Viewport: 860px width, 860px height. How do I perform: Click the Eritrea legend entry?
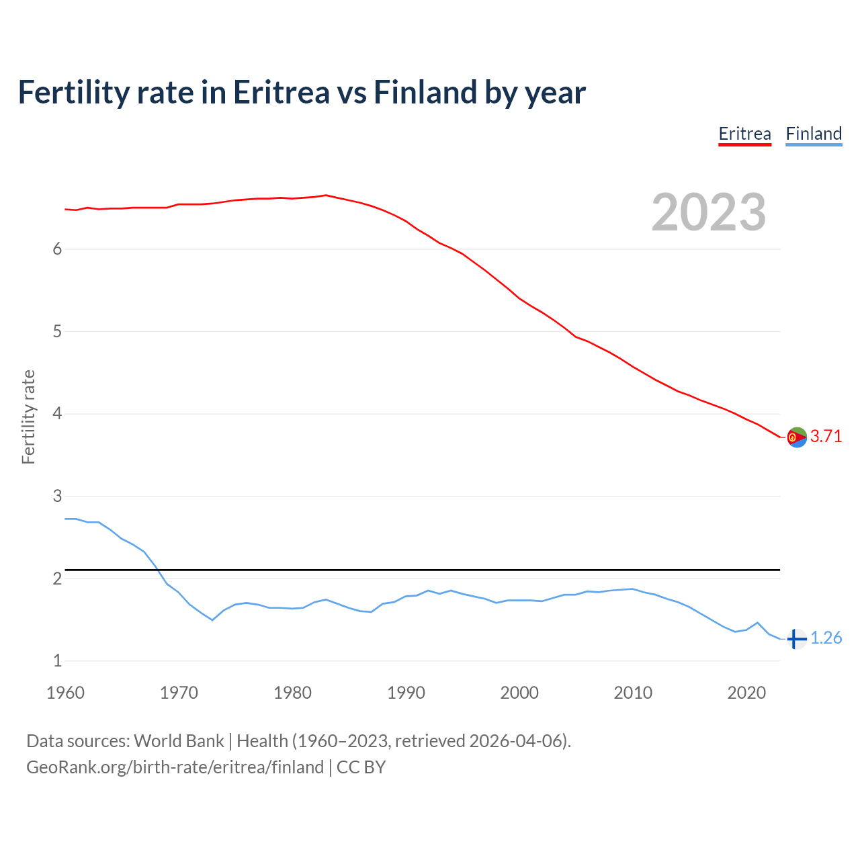click(744, 134)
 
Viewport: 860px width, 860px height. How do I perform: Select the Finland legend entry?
click(814, 134)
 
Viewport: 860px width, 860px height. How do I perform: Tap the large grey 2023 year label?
click(708, 212)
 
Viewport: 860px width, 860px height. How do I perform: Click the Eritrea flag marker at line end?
click(797, 437)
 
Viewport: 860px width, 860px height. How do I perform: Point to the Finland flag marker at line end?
click(797, 638)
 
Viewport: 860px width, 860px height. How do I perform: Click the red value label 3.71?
click(826, 436)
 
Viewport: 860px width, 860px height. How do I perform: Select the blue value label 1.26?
click(826, 638)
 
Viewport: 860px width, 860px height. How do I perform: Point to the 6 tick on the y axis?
click(57, 249)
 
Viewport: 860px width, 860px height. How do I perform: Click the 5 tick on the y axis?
click(57, 331)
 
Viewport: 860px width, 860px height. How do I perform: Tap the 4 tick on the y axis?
click(57, 414)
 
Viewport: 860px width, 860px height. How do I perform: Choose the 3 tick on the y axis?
click(57, 496)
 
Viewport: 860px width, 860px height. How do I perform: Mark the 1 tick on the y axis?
click(57, 660)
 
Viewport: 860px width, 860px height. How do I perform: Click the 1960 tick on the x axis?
click(65, 693)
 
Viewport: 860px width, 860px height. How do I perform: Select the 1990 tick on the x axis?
click(406, 693)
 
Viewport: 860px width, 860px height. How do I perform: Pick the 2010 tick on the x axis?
click(633, 693)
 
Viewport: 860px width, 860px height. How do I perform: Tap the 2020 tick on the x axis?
click(746, 693)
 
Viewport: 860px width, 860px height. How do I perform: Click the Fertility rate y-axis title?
click(28, 417)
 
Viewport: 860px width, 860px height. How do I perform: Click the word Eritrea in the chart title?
click(282, 92)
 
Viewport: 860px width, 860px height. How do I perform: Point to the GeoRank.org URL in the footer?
click(175, 767)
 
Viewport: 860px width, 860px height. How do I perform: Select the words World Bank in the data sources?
click(179, 740)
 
